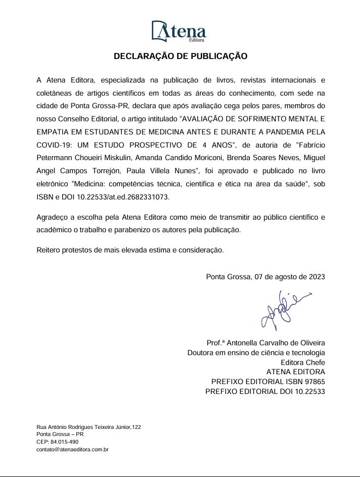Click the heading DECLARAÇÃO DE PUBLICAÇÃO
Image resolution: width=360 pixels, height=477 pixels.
180,56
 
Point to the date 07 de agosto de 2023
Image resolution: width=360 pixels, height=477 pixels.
290,276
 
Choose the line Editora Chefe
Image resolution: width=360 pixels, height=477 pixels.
303,362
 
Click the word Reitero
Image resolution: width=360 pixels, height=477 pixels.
50,250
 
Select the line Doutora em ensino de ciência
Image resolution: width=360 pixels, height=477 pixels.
256,352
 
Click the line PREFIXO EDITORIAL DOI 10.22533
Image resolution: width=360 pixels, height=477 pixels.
265,392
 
